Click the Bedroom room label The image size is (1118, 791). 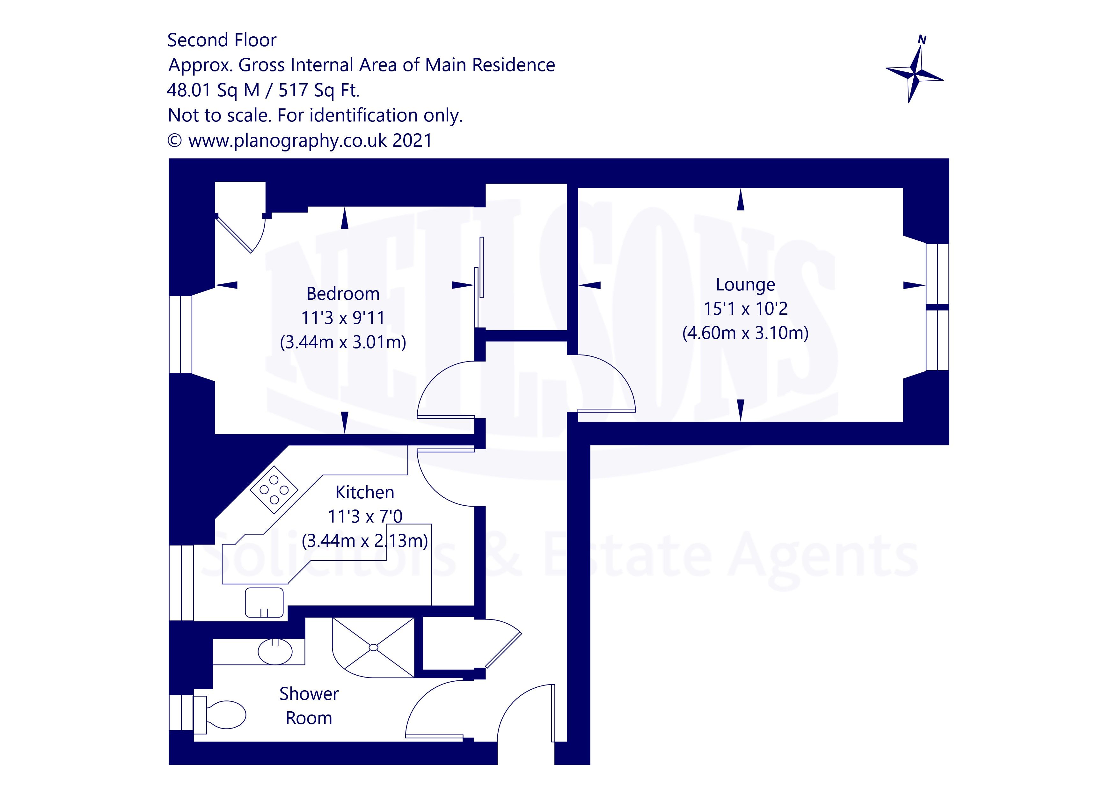tap(342, 294)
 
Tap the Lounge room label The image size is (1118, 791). tap(745, 284)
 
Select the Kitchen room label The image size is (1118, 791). tap(364, 493)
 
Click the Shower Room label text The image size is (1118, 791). tap(309, 706)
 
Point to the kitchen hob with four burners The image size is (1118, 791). tap(274, 489)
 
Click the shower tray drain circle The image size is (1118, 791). tap(374, 647)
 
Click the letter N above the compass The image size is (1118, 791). tap(921, 40)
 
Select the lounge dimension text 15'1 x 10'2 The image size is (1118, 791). tap(745, 308)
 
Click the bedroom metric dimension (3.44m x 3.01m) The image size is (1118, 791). tap(343, 342)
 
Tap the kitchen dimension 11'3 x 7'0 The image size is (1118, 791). tap(365, 516)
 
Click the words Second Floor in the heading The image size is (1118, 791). tap(222, 40)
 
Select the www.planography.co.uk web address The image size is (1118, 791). tap(287, 141)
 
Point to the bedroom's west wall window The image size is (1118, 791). tap(181, 335)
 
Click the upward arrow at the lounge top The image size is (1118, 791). tap(741, 200)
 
